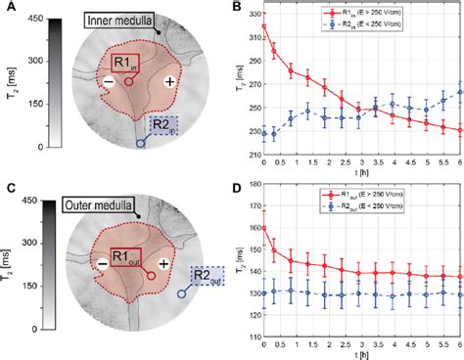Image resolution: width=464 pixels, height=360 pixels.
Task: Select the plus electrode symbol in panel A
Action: [x=170, y=82]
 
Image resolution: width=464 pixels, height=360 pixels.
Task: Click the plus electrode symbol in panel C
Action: [x=163, y=265]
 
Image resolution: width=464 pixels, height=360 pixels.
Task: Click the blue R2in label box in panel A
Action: [x=162, y=124]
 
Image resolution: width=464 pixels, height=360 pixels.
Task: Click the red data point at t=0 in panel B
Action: [x=264, y=26]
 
